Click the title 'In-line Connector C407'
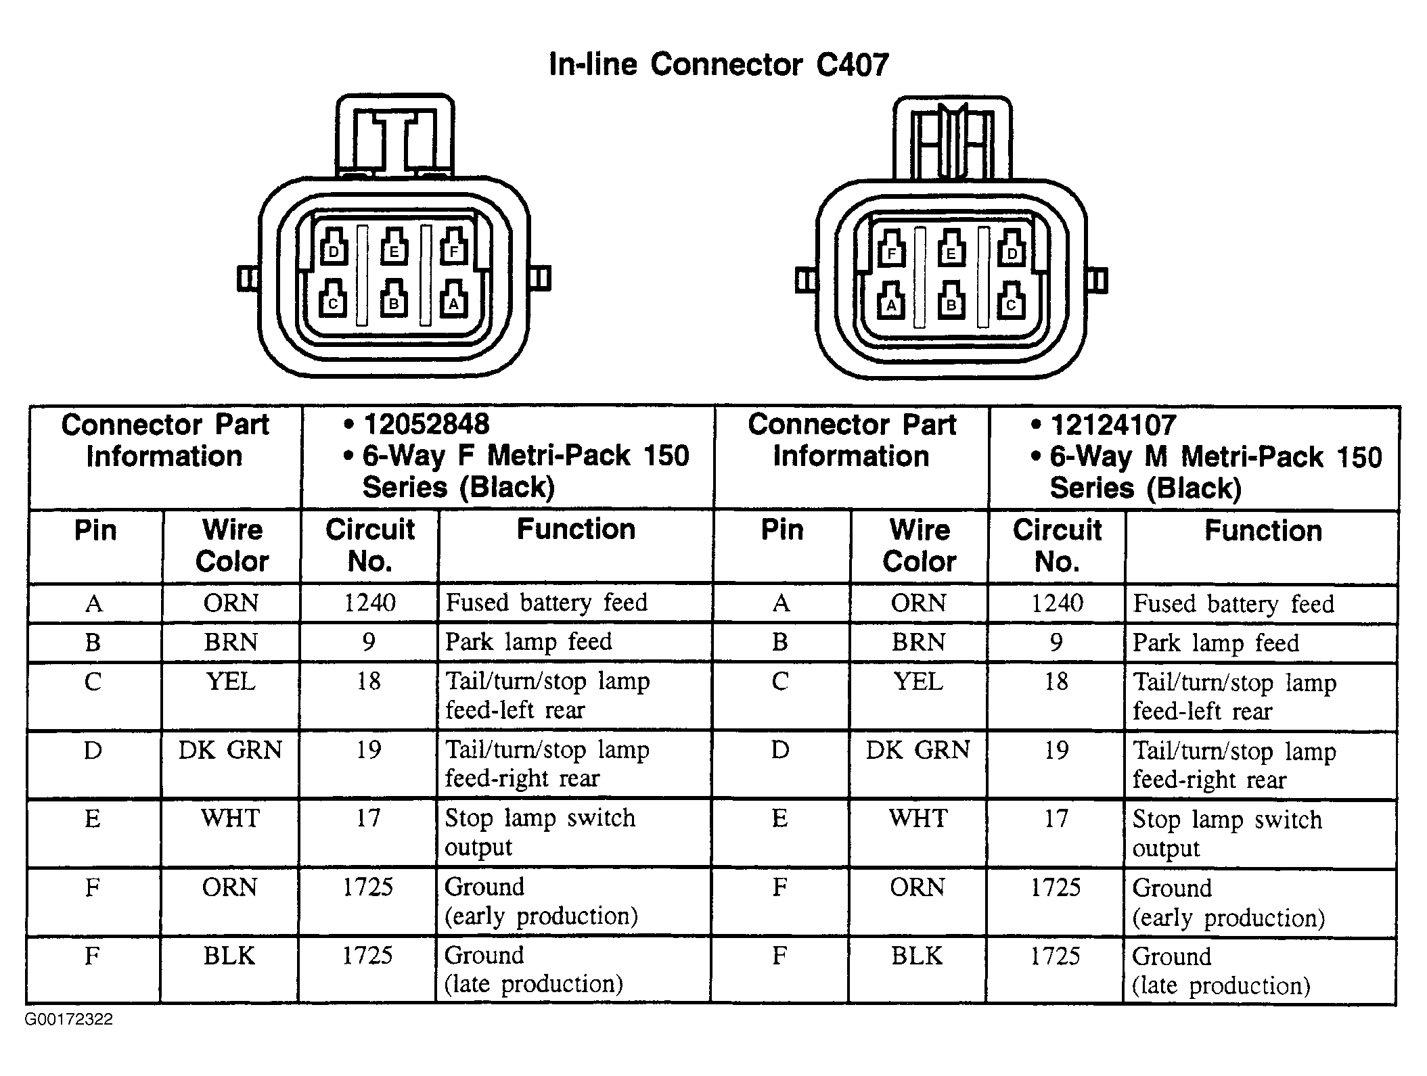click(x=719, y=64)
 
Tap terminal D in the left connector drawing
click(x=333, y=248)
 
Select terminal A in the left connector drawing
click(x=453, y=300)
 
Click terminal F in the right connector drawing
click(x=891, y=250)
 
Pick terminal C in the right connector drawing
click(x=1011, y=302)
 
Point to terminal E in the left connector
click(x=393, y=248)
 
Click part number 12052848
click(x=426, y=425)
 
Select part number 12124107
click(x=1113, y=425)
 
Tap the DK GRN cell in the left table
click(x=230, y=750)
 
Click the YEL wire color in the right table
click(x=918, y=681)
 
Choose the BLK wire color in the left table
click(x=229, y=956)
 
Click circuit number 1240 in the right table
click(x=1057, y=603)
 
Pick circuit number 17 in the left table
click(x=369, y=818)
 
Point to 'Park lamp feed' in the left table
click(x=528, y=642)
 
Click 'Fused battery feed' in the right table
click(x=1233, y=603)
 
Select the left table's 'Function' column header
click(x=576, y=530)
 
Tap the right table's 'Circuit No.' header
click(x=1057, y=546)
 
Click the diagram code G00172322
click(x=69, y=1019)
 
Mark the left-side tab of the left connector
click(x=248, y=278)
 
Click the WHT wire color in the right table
click(x=918, y=818)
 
